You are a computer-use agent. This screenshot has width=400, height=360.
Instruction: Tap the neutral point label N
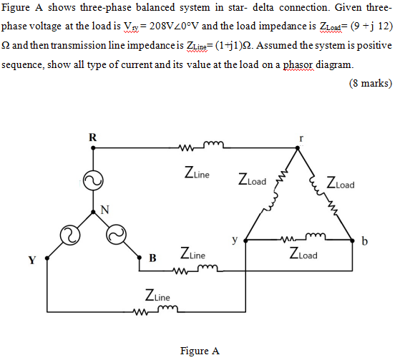[105, 209]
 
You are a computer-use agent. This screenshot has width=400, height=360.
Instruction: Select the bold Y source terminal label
[31, 259]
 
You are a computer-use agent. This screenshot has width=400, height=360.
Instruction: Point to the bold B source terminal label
[152, 258]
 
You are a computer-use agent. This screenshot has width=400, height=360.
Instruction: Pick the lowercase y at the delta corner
[234, 241]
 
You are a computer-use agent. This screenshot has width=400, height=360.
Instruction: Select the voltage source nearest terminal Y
[70, 234]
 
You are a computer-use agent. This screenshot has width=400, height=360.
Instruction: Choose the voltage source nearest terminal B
[114, 234]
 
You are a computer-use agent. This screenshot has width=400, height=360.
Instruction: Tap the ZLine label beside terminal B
[194, 254]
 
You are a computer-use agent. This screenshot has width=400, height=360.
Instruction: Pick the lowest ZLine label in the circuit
[157, 295]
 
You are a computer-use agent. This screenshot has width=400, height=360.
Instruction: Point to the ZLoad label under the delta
[304, 253]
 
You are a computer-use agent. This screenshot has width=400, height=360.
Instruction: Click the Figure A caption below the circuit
[200, 351]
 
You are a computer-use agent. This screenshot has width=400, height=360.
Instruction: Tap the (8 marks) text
[370, 83]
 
